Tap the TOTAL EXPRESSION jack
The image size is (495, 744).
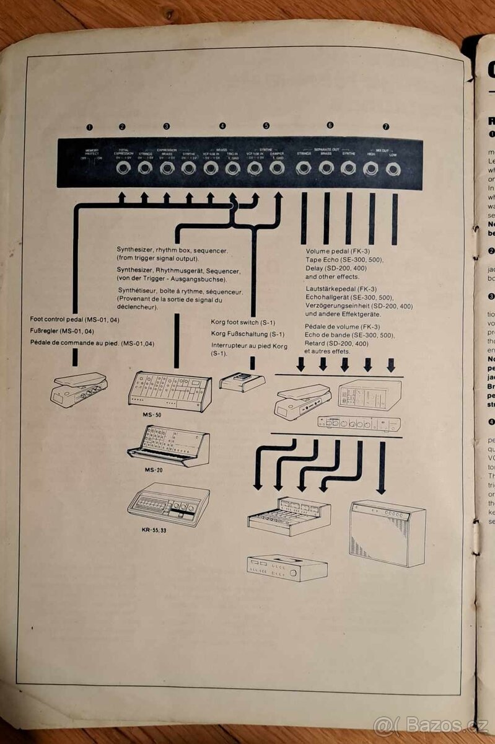click(122, 167)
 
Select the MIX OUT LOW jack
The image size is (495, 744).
click(393, 167)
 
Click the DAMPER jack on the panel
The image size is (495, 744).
click(277, 167)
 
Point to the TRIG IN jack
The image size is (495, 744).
click(232, 167)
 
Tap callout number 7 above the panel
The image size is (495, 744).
click(386, 126)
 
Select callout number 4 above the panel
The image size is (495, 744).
click(222, 126)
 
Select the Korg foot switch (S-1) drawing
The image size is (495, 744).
click(242, 382)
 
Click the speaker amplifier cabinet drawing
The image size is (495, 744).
click(387, 533)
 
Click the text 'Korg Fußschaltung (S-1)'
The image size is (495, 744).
click(243, 334)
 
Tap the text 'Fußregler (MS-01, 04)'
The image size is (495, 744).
click(62, 331)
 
